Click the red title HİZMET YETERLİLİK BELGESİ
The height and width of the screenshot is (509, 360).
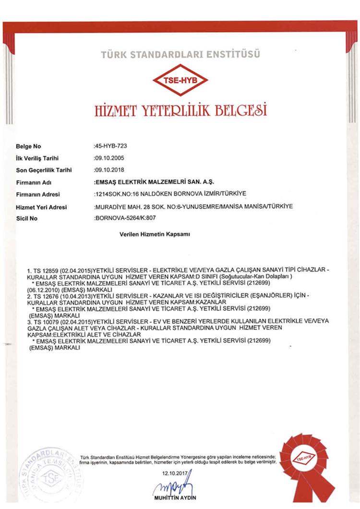(181, 111)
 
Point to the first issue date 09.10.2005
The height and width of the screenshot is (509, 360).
(108, 158)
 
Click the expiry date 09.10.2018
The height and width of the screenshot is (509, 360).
(108, 170)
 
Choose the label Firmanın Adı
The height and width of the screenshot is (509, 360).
(30, 182)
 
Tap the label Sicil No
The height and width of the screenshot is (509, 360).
(26, 219)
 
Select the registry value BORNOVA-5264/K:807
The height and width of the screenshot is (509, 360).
(126, 218)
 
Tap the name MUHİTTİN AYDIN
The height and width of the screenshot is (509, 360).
(175, 498)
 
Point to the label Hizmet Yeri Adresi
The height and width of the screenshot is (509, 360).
(41, 207)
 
